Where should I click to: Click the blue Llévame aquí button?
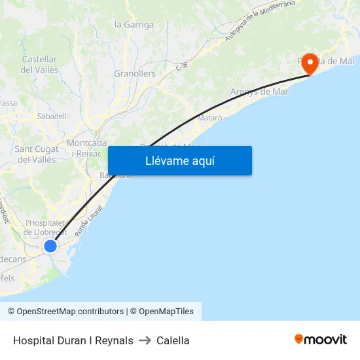pyautogui.click(x=179, y=160)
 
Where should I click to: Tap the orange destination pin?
pyautogui.click(x=308, y=64)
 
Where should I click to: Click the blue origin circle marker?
pyautogui.click(x=50, y=246)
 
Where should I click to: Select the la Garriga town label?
pyautogui.click(x=134, y=25)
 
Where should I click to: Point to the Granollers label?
pyautogui.click(x=135, y=74)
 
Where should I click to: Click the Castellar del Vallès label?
pyautogui.click(x=40, y=64)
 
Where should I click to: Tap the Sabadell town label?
pyautogui.click(x=52, y=116)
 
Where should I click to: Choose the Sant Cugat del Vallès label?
pyautogui.click(x=37, y=154)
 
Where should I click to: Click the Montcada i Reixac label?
pyautogui.click(x=86, y=148)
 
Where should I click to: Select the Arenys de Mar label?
pyautogui.click(x=259, y=92)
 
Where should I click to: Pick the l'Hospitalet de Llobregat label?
pyautogui.click(x=45, y=227)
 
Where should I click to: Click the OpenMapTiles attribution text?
pyautogui.click(x=166, y=312)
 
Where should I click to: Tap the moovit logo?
pyautogui.click(x=320, y=339)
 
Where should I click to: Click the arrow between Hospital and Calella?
pyautogui.click(x=145, y=340)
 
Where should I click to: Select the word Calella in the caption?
pyautogui.click(x=173, y=340)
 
